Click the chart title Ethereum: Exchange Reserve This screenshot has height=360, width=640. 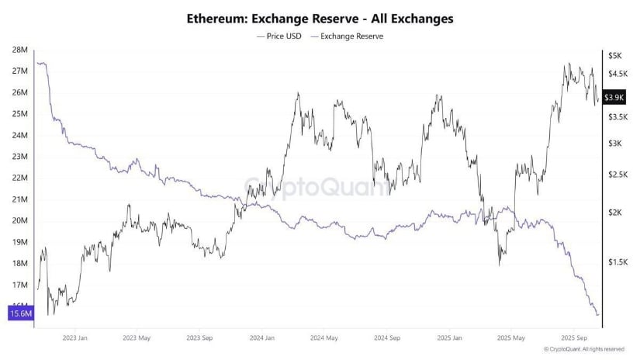point(320,17)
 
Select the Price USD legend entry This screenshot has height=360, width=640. point(277,36)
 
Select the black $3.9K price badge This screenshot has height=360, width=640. point(614,97)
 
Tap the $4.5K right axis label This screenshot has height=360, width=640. point(618,74)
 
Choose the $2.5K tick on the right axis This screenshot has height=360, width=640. point(618,175)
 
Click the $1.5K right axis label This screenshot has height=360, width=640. point(618,262)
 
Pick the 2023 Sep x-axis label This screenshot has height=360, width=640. point(200,338)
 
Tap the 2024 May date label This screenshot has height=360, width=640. point(324,338)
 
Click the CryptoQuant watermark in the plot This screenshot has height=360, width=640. point(319,187)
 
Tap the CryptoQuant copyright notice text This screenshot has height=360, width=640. point(586,350)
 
